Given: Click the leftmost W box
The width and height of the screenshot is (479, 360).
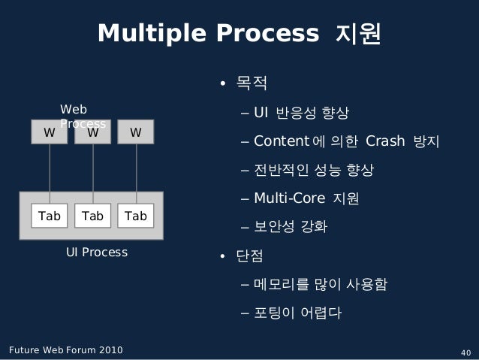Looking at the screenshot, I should pos(50,132).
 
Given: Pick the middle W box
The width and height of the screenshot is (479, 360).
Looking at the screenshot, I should pos(93,132).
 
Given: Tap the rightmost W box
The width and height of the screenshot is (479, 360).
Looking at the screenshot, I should pos(136,132).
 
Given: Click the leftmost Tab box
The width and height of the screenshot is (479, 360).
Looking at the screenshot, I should pos(50,216).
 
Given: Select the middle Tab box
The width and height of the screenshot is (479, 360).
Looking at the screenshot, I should pos(93,216).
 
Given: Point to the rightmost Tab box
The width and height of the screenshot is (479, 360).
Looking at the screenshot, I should pos(136,216).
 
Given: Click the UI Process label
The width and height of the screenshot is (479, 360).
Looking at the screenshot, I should pos(97,252).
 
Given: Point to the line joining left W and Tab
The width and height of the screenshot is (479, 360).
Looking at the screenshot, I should pos(50,173).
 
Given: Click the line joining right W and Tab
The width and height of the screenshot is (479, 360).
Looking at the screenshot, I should pos(136,173).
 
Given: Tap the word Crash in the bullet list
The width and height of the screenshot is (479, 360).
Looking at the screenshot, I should pos(385,141).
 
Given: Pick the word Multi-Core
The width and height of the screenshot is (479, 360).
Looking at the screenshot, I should pos(289,199).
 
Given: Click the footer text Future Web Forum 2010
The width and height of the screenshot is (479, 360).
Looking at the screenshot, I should pos(65,351).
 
